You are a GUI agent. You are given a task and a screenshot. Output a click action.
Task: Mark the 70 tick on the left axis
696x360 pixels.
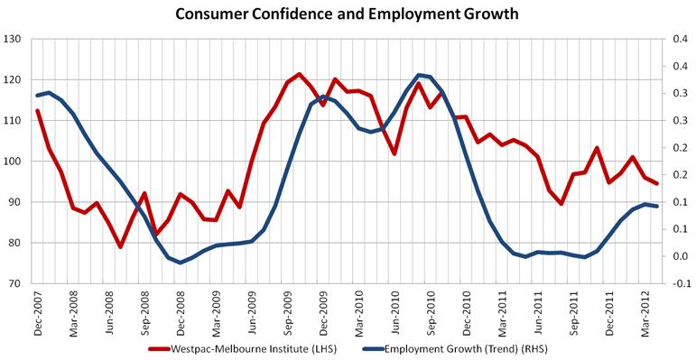(14, 283)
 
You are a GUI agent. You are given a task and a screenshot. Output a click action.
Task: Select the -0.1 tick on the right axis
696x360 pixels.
(678, 283)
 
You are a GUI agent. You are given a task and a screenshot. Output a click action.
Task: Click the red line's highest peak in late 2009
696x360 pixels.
(299, 74)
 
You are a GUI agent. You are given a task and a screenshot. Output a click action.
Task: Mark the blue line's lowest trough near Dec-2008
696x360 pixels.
(180, 263)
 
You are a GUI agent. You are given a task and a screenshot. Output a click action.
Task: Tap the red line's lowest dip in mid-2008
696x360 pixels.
(120, 246)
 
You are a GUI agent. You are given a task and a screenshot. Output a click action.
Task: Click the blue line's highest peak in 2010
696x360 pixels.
(419, 75)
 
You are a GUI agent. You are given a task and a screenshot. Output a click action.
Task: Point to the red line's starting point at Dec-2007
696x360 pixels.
(37, 111)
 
